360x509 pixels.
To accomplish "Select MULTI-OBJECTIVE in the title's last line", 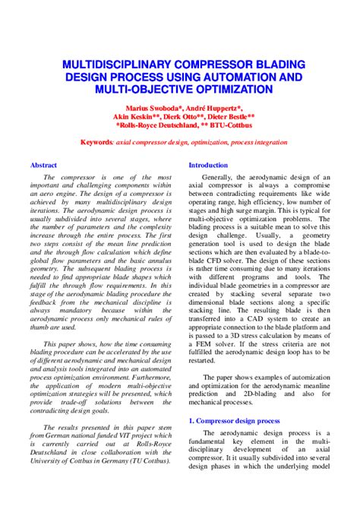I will pyautogui.click(x=135, y=90).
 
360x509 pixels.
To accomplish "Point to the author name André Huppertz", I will pyautogui.click(x=212, y=109).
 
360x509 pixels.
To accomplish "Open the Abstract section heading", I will pyautogui.click(x=43, y=165).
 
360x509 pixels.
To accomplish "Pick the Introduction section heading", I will pyautogui.click(x=208, y=165).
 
